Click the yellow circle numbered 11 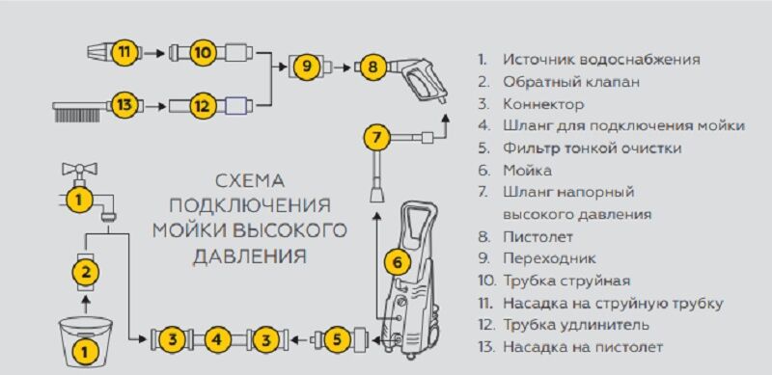point(127,52)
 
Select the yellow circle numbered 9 point(307,66)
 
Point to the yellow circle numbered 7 point(376,137)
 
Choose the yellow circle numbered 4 point(219,339)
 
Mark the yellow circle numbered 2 point(86,272)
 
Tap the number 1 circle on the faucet point(78,200)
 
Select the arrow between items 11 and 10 point(156,53)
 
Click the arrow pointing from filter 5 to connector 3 point(301,338)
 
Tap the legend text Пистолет point(538,237)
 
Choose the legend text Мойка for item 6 point(527,171)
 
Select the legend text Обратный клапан point(571,82)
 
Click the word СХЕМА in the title point(250,180)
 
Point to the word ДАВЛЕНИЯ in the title point(250,256)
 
